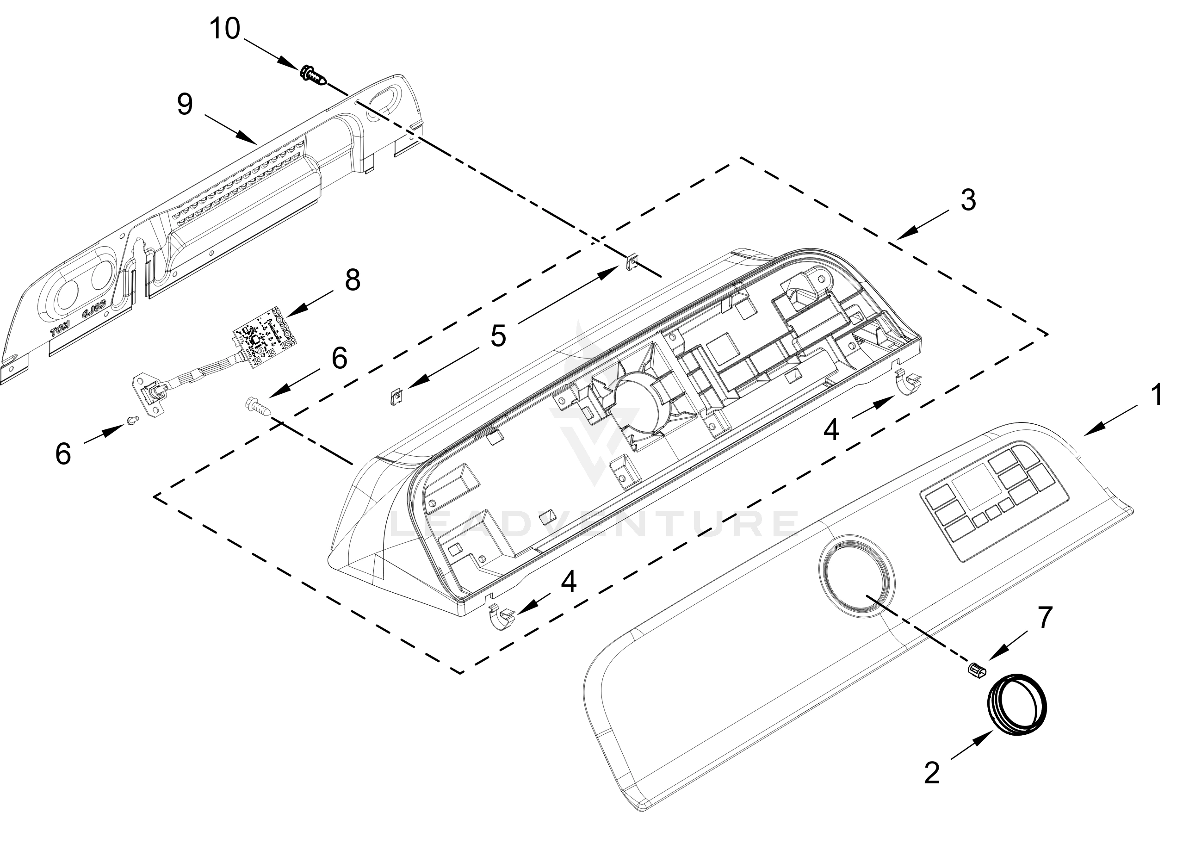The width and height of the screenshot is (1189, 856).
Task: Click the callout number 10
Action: pos(225,29)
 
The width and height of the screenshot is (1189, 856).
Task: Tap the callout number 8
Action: pos(352,280)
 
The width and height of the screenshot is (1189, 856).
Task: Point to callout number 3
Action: pos(968,200)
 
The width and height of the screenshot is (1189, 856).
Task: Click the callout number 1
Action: pos(1157,395)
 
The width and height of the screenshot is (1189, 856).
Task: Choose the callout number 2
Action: pos(932,773)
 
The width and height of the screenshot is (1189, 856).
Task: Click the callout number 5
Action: pos(498,336)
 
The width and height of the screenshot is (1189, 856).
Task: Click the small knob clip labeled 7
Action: pos(975,670)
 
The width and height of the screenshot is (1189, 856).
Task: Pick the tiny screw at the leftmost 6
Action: pos(133,419)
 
